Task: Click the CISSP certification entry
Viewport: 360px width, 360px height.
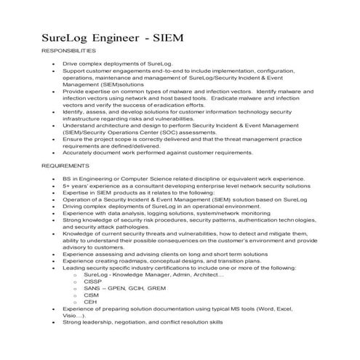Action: [x=92, y=280]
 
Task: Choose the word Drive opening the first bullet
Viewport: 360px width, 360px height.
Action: [x=70, y=65]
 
